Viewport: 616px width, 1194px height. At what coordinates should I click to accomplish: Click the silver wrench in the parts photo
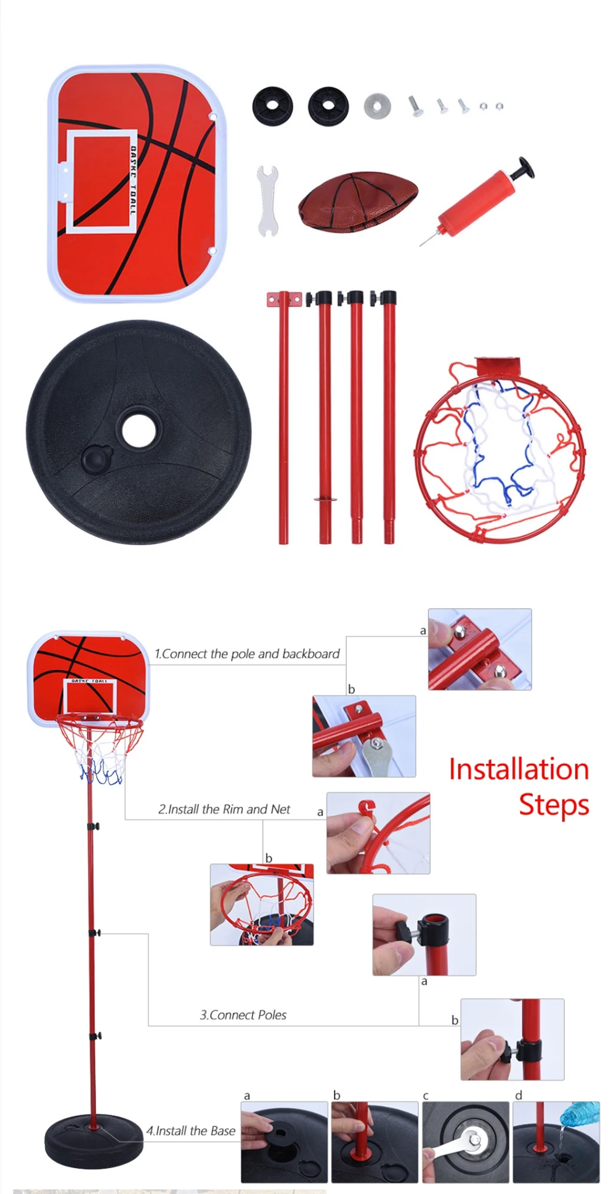click(267, 200)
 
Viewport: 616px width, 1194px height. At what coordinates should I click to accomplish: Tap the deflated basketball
click(358, 201)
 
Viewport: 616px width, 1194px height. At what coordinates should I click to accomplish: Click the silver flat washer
click(377, 106)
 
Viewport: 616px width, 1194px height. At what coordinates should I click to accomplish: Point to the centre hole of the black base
click(139, 427)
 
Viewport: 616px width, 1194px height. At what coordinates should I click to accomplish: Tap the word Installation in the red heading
click(519, 770)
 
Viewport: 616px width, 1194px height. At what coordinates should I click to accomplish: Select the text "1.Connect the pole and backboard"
click(247, 654)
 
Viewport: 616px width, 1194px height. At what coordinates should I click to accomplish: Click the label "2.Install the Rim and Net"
click(224, 809)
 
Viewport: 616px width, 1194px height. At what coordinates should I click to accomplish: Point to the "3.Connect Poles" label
click(243, 1015)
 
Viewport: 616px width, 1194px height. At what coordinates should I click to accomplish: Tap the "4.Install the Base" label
click(191, 1131)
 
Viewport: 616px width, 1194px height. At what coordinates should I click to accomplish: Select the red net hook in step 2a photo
click(367, 808)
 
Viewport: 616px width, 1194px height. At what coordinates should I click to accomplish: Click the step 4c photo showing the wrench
click(466, 1142)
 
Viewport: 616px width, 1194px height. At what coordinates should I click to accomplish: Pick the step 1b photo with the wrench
click(364, 736)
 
